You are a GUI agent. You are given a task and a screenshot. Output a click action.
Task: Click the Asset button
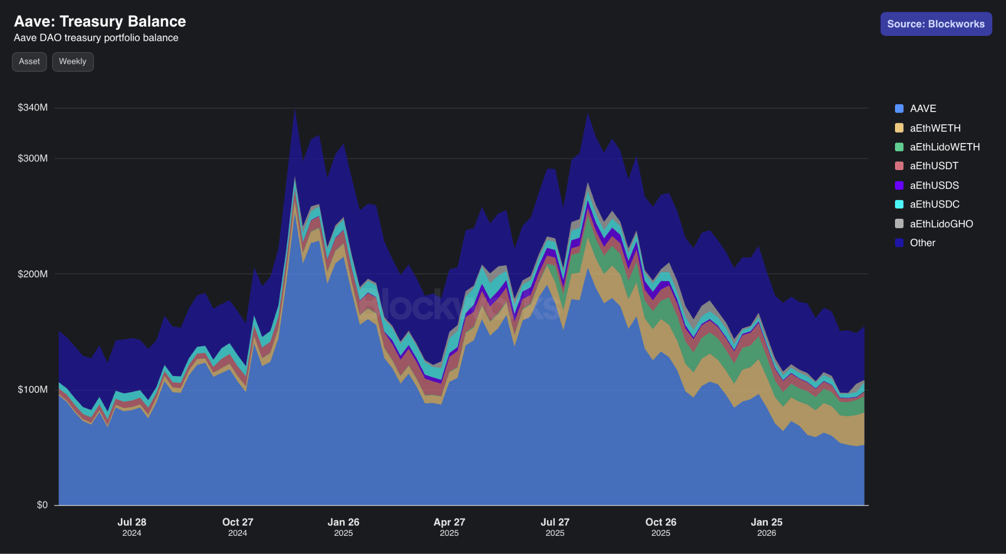29,61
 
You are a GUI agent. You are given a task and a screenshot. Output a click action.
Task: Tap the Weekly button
73,61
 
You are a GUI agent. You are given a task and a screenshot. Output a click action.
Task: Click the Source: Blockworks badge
935,24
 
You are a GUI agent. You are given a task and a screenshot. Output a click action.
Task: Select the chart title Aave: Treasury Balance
100,21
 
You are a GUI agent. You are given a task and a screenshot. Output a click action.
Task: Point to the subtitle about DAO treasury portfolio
96,38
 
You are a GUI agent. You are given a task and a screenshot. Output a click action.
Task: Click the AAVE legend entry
922,109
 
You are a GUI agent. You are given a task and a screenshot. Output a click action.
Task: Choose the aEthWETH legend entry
934,128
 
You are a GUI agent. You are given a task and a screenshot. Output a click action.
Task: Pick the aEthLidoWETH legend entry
944,147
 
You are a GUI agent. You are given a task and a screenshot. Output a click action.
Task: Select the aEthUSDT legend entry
933,166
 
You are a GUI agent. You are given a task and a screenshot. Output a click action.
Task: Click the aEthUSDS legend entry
934,185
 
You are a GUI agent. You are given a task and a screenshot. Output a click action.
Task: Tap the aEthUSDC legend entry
934,204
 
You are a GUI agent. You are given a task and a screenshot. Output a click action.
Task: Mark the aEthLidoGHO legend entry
941,224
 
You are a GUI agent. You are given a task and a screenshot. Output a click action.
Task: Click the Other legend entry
922,243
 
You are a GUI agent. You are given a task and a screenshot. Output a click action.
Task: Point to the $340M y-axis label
32,108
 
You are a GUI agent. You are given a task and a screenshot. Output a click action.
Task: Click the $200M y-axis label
32,274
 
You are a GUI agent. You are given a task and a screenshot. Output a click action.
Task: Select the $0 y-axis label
42,505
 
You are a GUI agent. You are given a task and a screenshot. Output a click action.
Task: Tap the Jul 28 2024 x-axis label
132,526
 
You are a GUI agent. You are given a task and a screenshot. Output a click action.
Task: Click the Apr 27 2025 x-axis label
449,526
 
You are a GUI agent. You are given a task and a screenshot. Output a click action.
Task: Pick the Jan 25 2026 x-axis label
766,526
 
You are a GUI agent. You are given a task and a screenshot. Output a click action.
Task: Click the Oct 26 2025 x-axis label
661,526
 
